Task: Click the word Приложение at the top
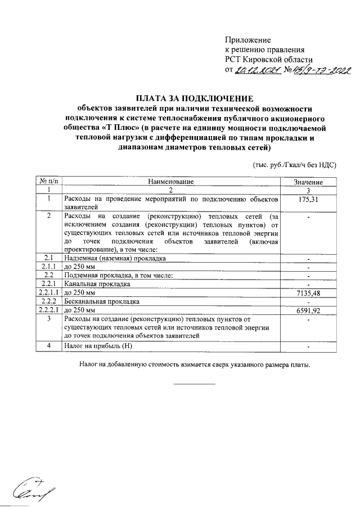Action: tap(248, 40)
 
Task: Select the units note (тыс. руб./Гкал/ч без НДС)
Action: tap(294, 165)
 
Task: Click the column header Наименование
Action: tap(171, 182)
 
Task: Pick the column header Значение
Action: tap(308, 182)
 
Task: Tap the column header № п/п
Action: tap(49, 182)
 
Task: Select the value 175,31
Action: tap(308, 199)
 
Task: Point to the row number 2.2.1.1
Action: tap(49, 292)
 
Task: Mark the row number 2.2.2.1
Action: tap(49, 310)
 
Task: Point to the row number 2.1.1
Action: tap(49, 267)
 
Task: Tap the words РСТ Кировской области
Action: tap(269, 59)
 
